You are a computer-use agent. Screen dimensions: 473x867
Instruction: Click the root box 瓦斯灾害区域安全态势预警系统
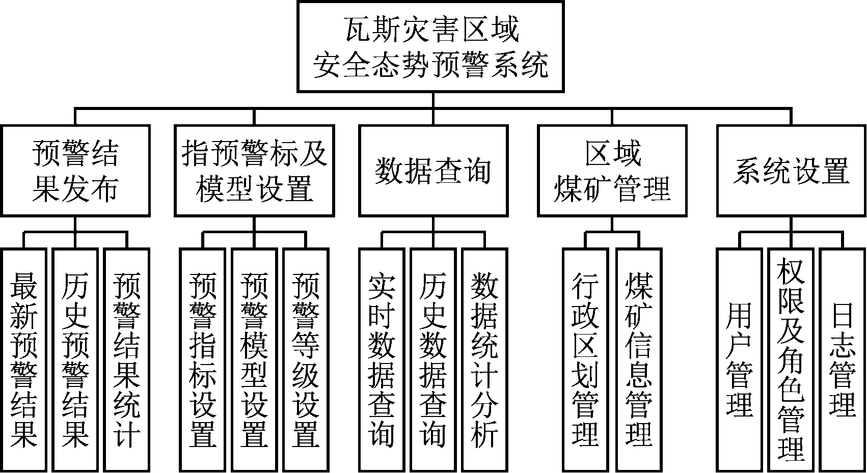tap(431, 47)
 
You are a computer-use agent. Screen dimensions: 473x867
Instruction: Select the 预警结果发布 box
tap(75, 171)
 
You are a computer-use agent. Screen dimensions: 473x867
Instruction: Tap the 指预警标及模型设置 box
tap(254, 171)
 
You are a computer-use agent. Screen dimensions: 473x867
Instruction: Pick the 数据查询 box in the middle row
tap(433, 171)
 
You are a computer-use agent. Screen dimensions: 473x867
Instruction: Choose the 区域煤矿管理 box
tap(612, 171)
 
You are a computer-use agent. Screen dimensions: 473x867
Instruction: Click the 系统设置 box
tap(791, 171)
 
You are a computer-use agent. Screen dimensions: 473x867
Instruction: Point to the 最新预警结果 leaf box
tap(23, 359)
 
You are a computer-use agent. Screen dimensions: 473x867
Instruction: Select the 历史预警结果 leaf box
tap(75, 359)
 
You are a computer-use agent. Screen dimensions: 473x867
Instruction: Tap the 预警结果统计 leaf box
tap(127, 359)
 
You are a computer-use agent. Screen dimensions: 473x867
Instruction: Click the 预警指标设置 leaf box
tap(203, 359)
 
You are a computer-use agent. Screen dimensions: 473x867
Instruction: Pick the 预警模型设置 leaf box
tap(254, 359)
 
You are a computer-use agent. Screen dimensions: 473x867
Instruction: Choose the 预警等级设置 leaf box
tap(306, 359)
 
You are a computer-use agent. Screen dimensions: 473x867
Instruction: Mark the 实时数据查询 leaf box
tap(382, 359)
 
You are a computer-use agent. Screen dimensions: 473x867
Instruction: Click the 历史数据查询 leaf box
tap(433, 359)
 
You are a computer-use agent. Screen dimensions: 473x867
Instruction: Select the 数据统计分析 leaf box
tap(485, 359)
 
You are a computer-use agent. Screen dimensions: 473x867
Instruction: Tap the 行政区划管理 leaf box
tap(586, 359)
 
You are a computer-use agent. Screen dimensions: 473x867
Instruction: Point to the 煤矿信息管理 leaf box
tap(639, 359)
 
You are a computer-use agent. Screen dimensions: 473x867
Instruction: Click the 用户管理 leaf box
tap(740, 359)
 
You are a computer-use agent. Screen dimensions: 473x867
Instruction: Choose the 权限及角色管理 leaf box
tap(791, 359)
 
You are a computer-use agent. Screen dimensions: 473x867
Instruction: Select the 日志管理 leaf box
tap(843, 359)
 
